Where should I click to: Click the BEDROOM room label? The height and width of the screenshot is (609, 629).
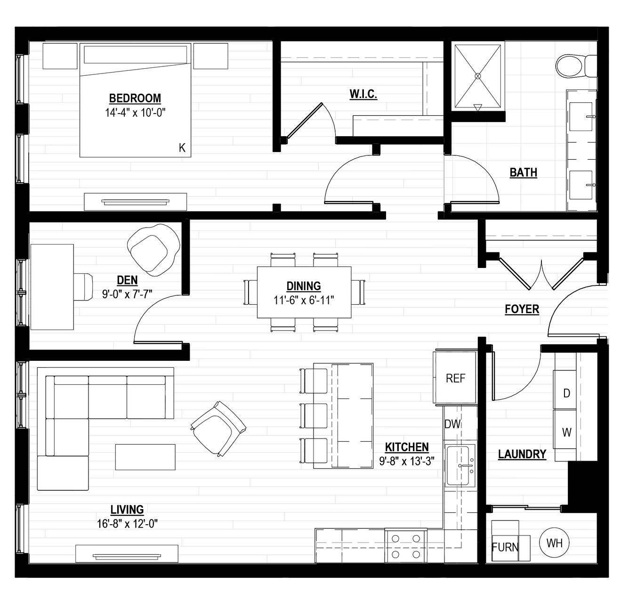point(135,98)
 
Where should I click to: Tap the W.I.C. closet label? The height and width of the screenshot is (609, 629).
point(363,94)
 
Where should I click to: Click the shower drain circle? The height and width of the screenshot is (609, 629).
point(477,76)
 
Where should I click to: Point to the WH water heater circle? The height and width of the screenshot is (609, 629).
point(554,543)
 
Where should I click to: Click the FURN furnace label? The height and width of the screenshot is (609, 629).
point(505,547)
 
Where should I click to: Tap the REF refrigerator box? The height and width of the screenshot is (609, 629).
point(455,378)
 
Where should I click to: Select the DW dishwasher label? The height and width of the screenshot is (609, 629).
point(452,424)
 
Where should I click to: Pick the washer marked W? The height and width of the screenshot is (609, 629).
point(564,429)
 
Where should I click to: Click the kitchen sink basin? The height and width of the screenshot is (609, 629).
point(457,466)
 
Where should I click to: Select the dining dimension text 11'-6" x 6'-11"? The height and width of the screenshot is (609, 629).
point(304,300)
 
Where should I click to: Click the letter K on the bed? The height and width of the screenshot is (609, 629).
point(182,148)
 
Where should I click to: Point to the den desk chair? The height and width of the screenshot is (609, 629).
point(83,287)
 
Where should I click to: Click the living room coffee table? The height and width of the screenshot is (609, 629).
point(145,457)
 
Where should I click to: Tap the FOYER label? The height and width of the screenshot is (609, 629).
point(522,309)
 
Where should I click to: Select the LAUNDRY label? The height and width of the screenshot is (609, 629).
point(522,454)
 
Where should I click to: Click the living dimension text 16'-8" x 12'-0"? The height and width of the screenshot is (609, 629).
point(127,524)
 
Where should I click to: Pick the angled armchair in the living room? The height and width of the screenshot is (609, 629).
point(218,429)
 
